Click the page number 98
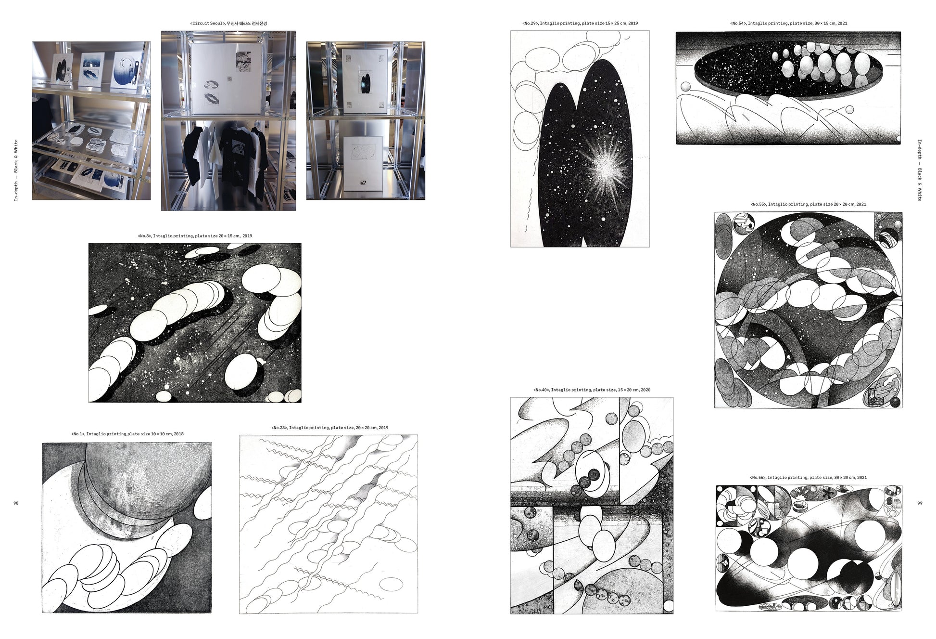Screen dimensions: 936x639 click(16, 503)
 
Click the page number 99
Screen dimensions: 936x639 click(920, 503)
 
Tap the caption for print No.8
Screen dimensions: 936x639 click(195, 236)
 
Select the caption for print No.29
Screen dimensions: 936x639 click(580, 23)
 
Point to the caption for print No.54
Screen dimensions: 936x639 click(788, 23)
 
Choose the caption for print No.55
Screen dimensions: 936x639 click(808, 204)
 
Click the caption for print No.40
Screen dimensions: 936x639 click(592, 390)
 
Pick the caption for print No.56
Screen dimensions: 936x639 click(808, 477)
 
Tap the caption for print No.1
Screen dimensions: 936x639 click(127, 434)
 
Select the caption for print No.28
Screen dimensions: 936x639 click(329, 428)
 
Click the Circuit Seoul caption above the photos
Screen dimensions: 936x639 click(228, 23)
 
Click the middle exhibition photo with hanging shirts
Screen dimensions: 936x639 click(228, 121)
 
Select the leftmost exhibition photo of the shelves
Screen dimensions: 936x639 click(91, 121)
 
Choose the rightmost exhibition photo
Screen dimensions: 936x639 click(366, 121)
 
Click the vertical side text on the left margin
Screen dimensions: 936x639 click(16, 170)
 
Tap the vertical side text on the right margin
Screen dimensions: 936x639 click(920, 170)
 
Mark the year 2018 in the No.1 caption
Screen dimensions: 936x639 click(178, 434)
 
